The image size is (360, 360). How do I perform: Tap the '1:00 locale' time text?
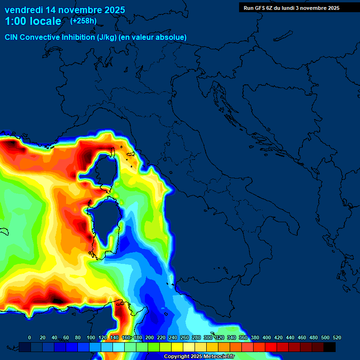pyautogui.click(x=33, y=21)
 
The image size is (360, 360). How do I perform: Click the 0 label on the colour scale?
pyautogui.click(x=30, y=337)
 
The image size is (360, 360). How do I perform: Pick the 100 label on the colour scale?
pyautogui.click(x=90, y=337)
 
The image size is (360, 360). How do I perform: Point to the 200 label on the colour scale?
pyautogui.click(x=150, y=337)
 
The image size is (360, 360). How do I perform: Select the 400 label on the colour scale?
pyautogui.click(x=267, y=337)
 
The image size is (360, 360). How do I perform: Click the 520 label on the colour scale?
pyautogui.click(x=337, y=337)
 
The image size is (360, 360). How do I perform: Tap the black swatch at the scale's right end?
pyautogui.click(x=330, y=347)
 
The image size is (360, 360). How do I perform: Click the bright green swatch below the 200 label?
pyautogui.click(x=154, y=347)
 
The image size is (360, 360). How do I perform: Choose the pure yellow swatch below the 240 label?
pyautogui.click(x=177, y=347)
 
